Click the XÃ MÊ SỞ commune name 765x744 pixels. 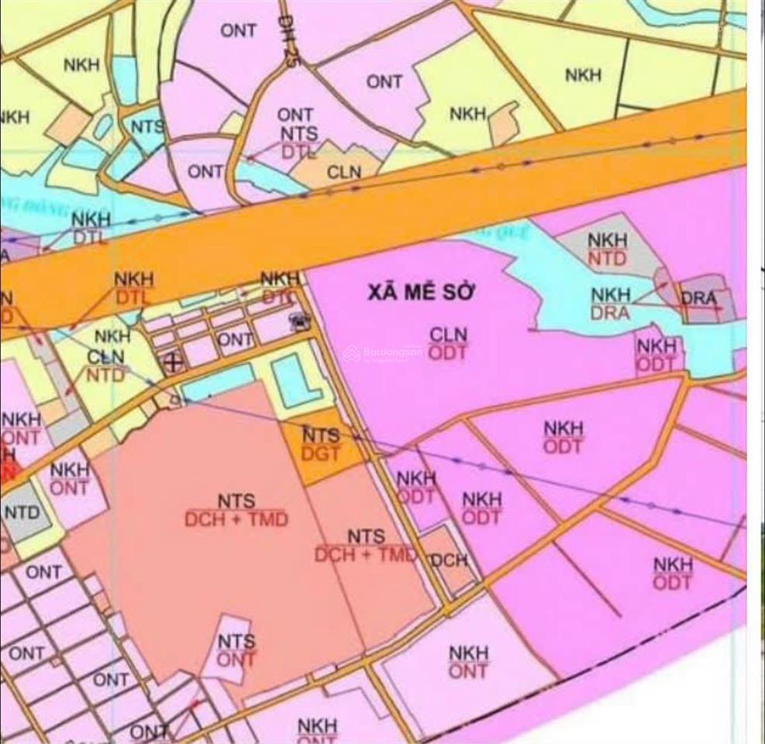[x=422, y=293]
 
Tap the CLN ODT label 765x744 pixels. [x=449, y=343]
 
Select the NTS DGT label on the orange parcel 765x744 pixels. [x=321, y=444]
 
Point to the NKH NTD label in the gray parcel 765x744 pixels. [x=608, y=250]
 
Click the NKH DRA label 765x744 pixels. [x=611, y=303]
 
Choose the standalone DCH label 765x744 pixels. [x=449, y=560]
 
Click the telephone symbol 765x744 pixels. [x=298, y=320]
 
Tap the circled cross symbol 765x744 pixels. [x=174, y=361]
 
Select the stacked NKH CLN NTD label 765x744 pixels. [x=106, y=356]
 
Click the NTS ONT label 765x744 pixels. [x=236, y=650]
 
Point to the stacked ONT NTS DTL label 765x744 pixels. [x=297, y=133]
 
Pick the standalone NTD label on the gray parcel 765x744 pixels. [x=22, y=512]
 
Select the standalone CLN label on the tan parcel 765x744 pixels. [x=344, y=172]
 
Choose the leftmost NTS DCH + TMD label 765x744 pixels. [x=236, y=511]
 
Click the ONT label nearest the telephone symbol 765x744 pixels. [x=235, y=339]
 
